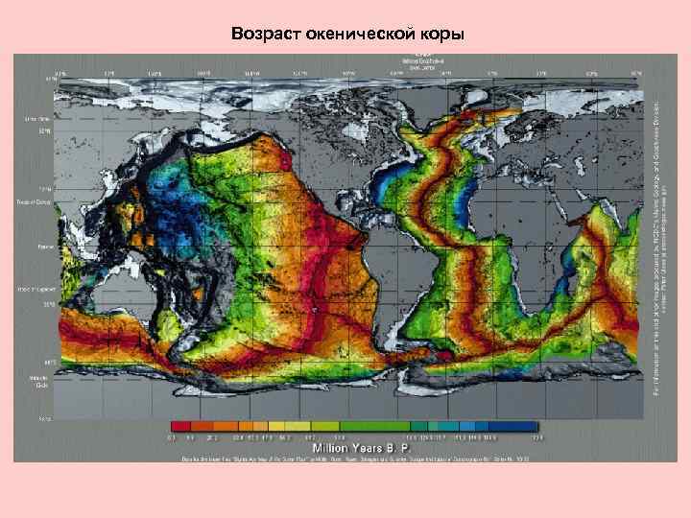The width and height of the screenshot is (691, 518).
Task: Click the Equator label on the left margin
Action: click(44, 245)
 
